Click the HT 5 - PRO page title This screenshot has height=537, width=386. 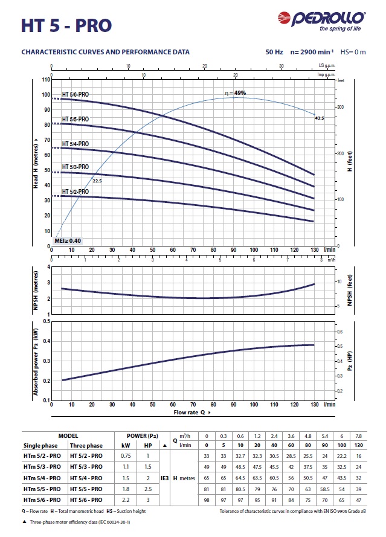66,25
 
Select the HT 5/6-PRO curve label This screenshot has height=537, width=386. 76,94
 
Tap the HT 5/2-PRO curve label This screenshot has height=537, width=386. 76,191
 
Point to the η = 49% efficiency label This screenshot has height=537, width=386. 235,93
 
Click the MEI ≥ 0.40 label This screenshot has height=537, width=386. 68,240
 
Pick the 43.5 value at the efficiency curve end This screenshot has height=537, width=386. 320,118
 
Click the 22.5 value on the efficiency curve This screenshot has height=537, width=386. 97,181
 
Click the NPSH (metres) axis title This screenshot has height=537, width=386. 36,290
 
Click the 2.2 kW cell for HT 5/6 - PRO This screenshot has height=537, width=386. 126,500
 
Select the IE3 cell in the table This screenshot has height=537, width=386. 164,477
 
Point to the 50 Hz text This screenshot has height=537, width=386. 274,52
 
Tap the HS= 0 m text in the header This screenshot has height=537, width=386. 353,52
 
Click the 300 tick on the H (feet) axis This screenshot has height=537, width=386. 341,107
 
